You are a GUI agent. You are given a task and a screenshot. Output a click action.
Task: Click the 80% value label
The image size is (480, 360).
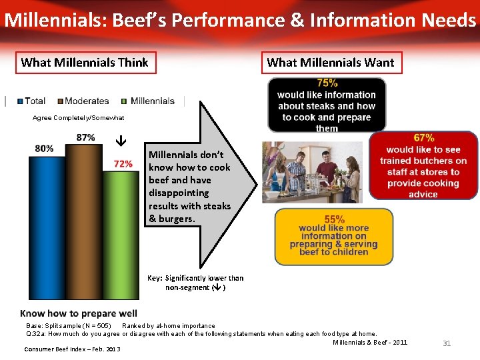pyautogui.click(x=44, y=148)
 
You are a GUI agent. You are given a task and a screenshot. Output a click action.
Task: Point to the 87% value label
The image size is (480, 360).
pyautogui.click(x=85, y=137)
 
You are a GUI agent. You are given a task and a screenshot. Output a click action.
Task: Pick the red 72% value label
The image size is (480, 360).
pyautogui.click(x=123, y=163)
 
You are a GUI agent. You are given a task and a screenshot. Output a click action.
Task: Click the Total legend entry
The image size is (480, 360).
pyautogui.click(x=31, y=101)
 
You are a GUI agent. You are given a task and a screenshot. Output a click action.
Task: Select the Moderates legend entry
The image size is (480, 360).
pyautogui.click(x=83, y=101)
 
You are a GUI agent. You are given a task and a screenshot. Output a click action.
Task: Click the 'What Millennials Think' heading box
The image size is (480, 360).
pyautogui.click(x=85, y=63)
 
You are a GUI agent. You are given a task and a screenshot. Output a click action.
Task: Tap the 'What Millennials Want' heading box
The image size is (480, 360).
pyautogui.click(x=330, y=63)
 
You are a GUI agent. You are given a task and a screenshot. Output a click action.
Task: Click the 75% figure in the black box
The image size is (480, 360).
pyautogui.click(x=327, y=83)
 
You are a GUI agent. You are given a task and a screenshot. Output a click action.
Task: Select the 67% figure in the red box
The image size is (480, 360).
pyautogui.click(x=423, y=138)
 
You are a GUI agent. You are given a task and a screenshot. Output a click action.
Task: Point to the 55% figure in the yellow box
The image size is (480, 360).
pyautogui.click(x=334, y=219)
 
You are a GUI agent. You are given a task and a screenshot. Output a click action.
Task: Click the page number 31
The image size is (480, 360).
pyautogui.click(x=447, y=343)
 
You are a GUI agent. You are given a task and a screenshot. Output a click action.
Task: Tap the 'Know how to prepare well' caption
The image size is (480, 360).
pyautogui.click(x=79, y=313)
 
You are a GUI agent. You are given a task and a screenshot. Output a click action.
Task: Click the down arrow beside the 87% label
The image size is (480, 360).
pyautogui.click(x=121, y=141)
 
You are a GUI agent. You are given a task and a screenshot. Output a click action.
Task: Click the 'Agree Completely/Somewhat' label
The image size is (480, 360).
pyautogui.click(x=69, y=118)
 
